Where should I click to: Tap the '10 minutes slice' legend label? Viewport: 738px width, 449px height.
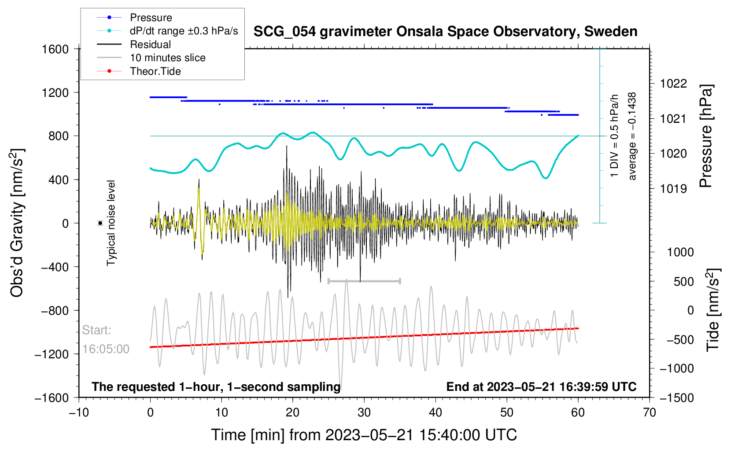point(167,58)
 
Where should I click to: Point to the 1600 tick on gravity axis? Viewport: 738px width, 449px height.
point(55,49)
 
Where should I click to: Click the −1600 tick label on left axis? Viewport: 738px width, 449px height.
point(52,397)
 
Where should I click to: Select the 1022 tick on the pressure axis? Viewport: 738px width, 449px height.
point(673,84)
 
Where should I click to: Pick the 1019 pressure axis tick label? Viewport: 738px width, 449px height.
point(673,189)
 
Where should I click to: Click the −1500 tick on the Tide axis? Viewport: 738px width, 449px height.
point(677,397)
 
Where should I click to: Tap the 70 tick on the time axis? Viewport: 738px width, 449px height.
point(649,412)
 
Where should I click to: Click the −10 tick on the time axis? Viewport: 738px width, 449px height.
point(79,412)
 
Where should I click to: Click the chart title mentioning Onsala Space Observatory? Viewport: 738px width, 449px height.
point(445,32)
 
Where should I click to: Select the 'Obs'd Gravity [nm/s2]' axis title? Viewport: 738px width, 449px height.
point(18,223)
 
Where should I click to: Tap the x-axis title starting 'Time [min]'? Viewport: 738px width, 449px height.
point(364,435)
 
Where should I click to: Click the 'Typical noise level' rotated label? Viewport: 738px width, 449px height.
point(111,223)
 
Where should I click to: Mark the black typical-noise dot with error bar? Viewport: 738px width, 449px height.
point(100,223)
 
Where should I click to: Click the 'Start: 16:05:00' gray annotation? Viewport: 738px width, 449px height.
point(106,339)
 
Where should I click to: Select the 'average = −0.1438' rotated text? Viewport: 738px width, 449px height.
point(632,136)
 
